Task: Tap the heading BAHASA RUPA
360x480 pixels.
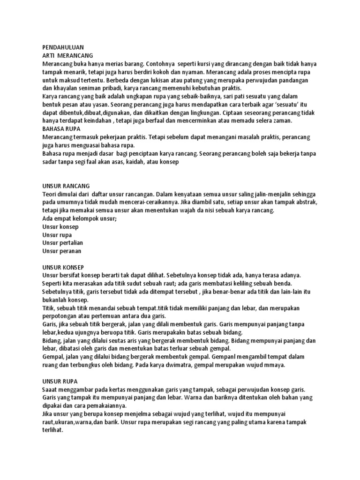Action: point(61,128)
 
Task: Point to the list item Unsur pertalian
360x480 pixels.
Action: point(61,243)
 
